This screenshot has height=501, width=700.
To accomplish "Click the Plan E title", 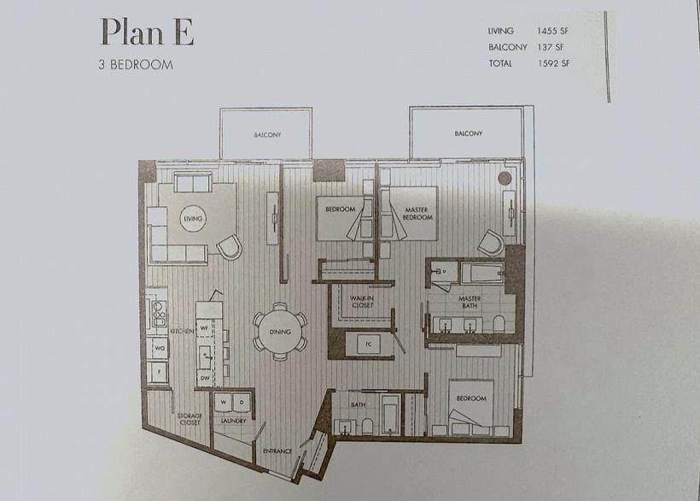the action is click(147, 32).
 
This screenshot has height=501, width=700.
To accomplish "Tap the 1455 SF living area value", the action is click(552, 31).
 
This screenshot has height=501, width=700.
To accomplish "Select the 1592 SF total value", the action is click(553, 63).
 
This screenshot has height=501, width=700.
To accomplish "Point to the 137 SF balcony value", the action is click(551, 47).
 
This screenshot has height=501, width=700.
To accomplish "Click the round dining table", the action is click(280, 332).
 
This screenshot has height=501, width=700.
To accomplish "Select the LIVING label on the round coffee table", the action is click(193, 219).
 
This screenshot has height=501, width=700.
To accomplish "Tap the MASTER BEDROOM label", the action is click(417, 213).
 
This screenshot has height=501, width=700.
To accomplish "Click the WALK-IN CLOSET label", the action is click(362, 302).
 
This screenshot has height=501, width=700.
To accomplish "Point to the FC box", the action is click(369, 345).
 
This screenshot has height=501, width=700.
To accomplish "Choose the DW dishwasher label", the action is click(205, 378).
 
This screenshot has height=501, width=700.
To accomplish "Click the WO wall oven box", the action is click(160, 348).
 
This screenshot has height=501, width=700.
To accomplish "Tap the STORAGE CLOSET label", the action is click(190, 419).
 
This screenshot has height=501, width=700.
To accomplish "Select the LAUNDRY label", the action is click(234, 421).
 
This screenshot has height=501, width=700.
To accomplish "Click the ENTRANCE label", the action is click(277, 451).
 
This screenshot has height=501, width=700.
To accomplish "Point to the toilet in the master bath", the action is click(499, 323).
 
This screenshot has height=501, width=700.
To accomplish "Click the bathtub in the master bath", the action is click(482, 272).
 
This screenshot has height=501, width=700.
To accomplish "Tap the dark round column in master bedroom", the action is click(505, 179).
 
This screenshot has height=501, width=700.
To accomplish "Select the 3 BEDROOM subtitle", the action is click(136, 65).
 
